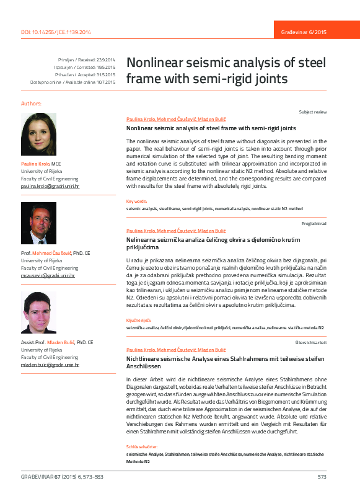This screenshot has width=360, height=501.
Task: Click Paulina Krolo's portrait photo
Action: point(38,135)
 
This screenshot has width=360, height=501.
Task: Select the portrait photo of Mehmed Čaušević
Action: point(38,224)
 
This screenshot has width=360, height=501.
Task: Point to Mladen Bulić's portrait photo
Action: point(38,314)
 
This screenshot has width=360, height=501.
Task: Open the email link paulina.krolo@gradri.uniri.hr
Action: point(50,185)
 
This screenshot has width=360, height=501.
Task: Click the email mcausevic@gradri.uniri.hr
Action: point(48,275)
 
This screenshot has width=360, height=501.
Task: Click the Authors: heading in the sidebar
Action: point(32,103)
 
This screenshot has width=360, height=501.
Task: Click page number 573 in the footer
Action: point(322,477)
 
